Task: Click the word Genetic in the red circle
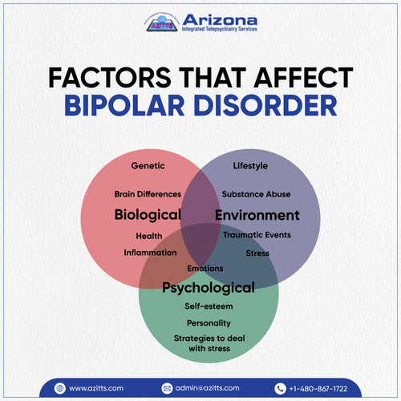point(148,166)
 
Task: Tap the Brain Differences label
point(147,194)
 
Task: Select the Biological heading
point(147,215)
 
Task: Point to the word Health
point(149,236)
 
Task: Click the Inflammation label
point(150,253)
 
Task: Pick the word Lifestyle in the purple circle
point(250,166)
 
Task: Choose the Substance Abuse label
point(257,194)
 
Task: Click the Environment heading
point(257,215)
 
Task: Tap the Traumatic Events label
point(257,235)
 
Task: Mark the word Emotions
point(205,268)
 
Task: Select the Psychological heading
point(209,287)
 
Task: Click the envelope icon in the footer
point(167,388)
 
